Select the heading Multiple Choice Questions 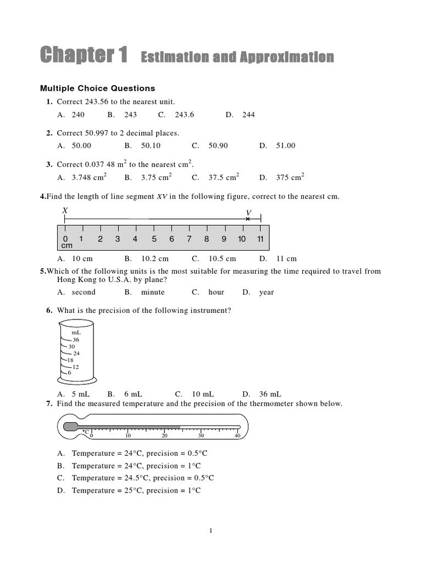coord(97,88)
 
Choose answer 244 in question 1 coord(248,115)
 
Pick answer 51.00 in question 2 coord(285,146)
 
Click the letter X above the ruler coord(65,211)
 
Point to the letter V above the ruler coord(248,212)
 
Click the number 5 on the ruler coord(154,239)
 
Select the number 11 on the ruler coord(260,239)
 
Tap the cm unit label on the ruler coord(66,246)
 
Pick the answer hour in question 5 coord(216,292)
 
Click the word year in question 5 coord(266,292)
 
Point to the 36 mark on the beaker coord(76,340)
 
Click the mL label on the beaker coord(76,333)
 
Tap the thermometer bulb coord(70,427)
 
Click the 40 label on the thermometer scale coord(238,435)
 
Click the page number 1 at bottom coord(211,531)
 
